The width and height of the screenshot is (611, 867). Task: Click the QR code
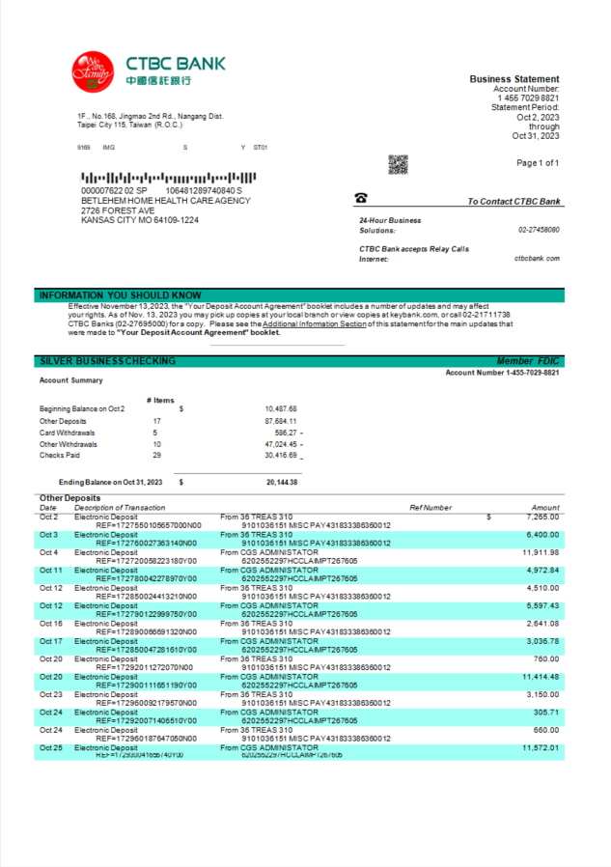click(398, 164)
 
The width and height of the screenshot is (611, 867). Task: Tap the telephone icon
click(361, 198)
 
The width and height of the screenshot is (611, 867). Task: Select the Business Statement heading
click(514, 79)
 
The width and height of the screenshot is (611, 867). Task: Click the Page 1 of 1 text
click(538, 163)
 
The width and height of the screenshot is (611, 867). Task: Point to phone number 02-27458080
click(539, 231)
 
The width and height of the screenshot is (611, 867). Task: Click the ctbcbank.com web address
click(537, 259)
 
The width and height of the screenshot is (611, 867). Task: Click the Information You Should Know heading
click(120, 295)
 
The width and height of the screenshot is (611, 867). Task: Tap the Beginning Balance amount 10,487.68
click(281, 409)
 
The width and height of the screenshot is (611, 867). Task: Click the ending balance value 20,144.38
click(282, 482)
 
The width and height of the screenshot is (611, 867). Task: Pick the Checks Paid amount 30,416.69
click(281, 456)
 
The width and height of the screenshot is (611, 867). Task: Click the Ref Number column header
click(430, 508)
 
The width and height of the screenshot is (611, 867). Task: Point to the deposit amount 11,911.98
click(541, 553)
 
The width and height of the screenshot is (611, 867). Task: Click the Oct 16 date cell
click(50, 624)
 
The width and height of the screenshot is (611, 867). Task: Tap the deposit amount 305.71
click(545, 713)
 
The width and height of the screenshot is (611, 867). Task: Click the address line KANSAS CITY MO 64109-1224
click(140, 220)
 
